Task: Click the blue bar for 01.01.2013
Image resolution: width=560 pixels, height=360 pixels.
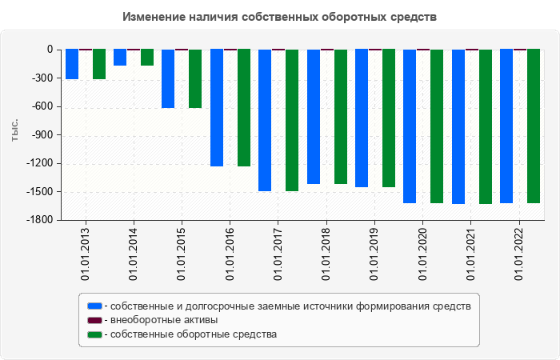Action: point(72,64)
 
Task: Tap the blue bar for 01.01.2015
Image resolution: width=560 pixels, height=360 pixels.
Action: point(168,78)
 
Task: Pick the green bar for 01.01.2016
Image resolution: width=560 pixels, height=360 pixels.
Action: point(244,108)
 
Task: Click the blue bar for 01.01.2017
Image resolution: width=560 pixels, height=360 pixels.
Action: point(265,120)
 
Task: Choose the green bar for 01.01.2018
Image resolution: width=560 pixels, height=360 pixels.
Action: point(341,117)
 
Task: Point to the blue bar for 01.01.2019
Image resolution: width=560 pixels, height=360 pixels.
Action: point(362,118)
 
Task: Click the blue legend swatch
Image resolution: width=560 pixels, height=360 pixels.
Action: point(95,306)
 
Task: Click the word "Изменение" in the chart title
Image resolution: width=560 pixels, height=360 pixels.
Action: point(154,16)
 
